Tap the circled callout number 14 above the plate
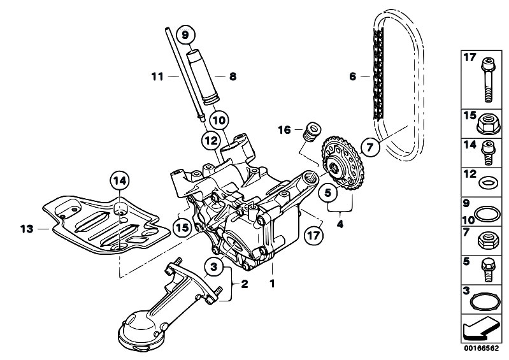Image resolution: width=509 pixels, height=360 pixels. pyautogui.click(x=121, y=181)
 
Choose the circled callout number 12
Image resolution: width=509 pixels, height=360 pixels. pyautogui.click(x=211, y=140)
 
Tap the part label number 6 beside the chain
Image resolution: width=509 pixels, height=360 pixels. pyautogui.click(x=352, y=77)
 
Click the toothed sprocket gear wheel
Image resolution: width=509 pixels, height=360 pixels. pyautogui.click(x=347, y=168)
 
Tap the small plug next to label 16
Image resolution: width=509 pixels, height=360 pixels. pyautogui.click(x=312, y=131)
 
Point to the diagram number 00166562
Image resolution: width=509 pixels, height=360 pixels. pyautogui.click(x=478, y=349)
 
